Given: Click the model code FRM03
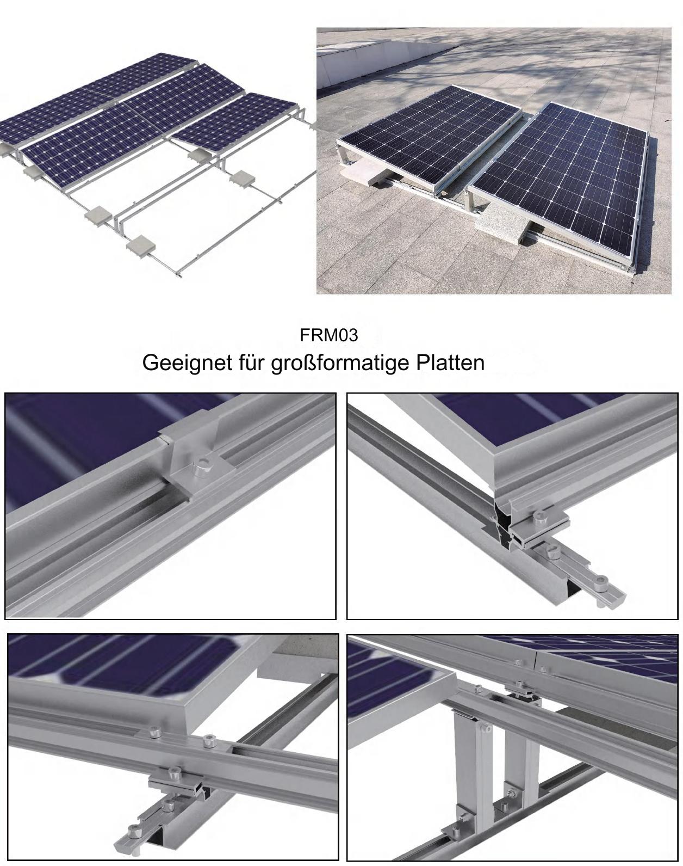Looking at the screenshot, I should [x=329, y=335].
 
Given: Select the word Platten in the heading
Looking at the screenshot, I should [x=450, y=363].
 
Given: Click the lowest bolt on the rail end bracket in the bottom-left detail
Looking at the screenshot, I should [x=134, y=830].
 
